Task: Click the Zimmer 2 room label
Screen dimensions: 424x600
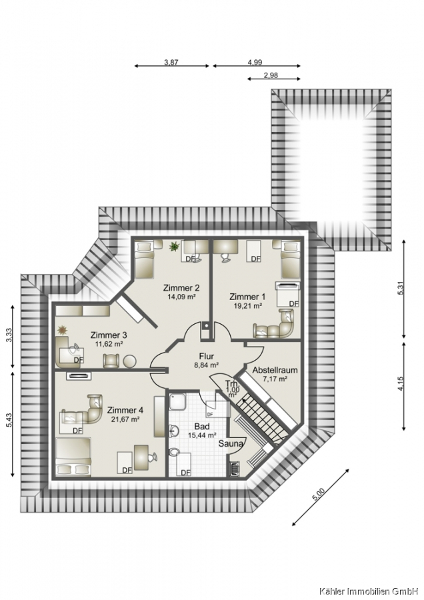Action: tap(181, 288)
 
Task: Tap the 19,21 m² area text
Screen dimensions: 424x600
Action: tap(248, 305)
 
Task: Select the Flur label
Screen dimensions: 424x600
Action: tap(206, 356)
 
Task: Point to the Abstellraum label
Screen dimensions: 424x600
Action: tap(275, 370)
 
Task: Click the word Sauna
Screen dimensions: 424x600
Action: tap(231, 443)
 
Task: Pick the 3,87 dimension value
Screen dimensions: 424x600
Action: tap(171, 63)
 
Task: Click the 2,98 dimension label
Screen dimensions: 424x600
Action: tap(271, 75)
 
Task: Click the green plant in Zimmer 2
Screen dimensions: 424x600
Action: tap(175, 247)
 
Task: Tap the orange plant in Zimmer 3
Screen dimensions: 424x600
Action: tap(61, 329)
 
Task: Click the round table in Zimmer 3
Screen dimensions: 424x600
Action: tap(129, 361)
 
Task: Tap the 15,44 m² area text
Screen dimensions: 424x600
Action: tap(203, 435)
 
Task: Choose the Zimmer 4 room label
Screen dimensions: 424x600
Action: tap(125, 410)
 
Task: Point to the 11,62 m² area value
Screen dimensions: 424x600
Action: tap(108, 344)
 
